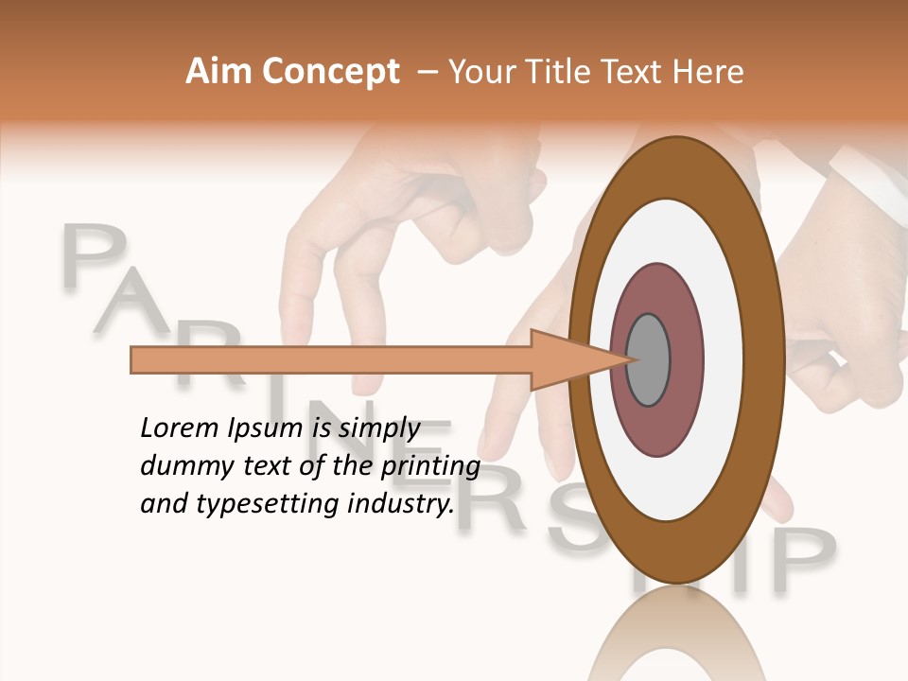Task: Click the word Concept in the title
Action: [x=329, y=72]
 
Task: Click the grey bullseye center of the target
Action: [x=648, y=359]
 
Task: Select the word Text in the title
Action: [x=634, y=72]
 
